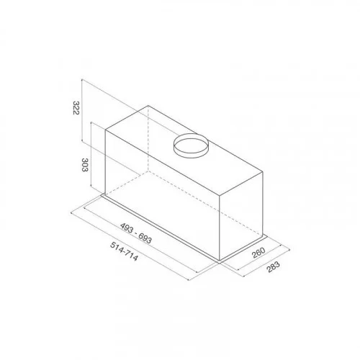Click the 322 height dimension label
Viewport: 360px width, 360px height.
tap(76, 108)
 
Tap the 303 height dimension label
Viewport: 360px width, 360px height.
tap(85, 165)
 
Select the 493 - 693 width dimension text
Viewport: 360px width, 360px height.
tap(136, 233)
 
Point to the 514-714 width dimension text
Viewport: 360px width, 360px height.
tap(124, 251)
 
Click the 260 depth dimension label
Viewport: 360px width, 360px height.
tap(258, 253)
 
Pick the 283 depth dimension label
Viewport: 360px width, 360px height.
tap(274, 266)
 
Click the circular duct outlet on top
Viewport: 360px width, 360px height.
tap(191, 145)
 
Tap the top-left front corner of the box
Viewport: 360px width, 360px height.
tap(106, 130)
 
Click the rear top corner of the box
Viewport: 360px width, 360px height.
tap(148, 105)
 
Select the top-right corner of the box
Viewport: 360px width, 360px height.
tap(263, 172)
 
